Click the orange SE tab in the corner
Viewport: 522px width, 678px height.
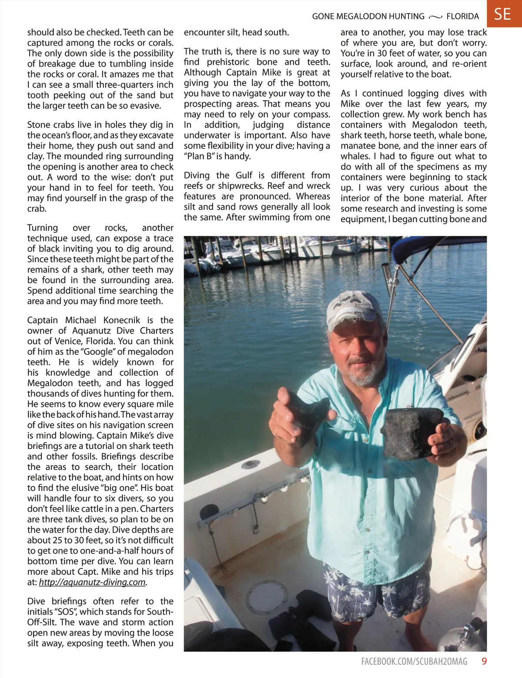tap(503, 14)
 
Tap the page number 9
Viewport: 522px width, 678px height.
tap(484, 661)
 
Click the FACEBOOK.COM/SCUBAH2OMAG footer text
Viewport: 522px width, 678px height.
tap(414, 661)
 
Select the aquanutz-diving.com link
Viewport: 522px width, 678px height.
tap(92, 582)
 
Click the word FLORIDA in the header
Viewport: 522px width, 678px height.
tap(462, 17)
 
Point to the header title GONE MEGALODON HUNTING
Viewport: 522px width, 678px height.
tap(368, 17)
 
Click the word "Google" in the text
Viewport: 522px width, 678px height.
tap(97, 352)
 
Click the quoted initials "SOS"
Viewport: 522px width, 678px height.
tap(64, 612)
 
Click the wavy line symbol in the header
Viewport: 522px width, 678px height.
tap(435, 17)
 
